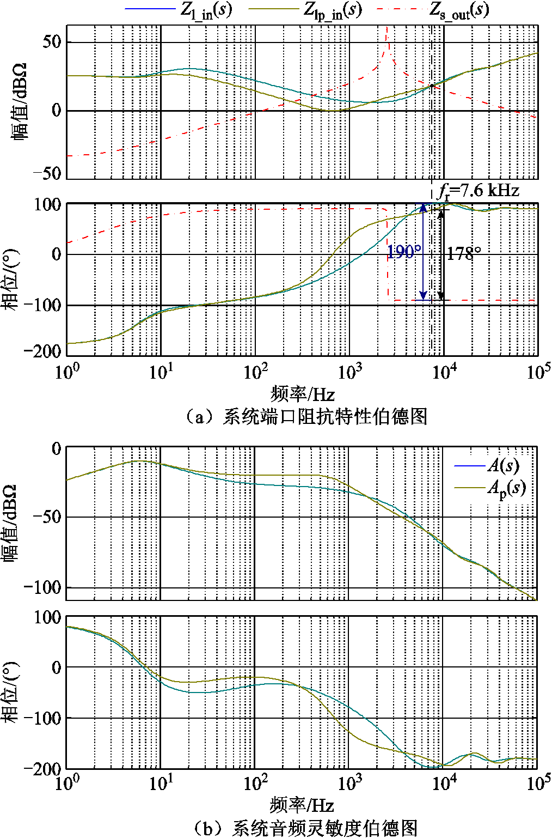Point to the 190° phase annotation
pyautogui.click(x=403, y=252)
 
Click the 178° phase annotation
pyautogui.click(x=464, y=253)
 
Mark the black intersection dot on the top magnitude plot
pyautogui.click(x=432, y=86)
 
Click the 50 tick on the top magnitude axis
pyautogui.click(x=52, y=42)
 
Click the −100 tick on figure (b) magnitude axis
pyautogui.click(x=42, y=588)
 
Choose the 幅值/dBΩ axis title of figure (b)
pyautogui.click(x=12, y=523)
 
